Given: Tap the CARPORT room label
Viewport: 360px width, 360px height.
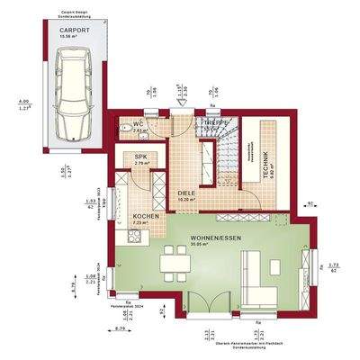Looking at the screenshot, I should [74, 29].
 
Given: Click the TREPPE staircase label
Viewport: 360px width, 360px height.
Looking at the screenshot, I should [216, 121].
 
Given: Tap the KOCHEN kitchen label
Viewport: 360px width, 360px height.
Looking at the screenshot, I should [146, 217].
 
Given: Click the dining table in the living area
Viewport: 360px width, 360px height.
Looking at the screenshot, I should [171, 265].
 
